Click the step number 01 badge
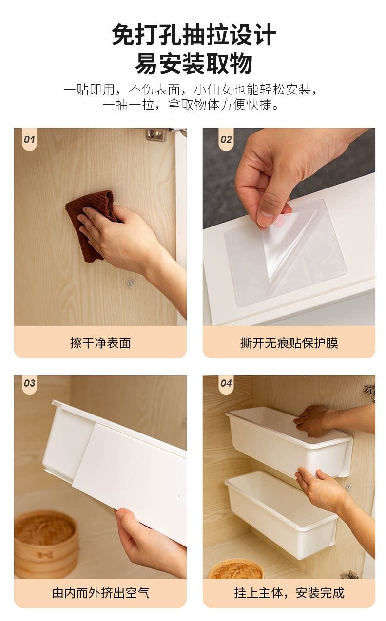pos(29,139)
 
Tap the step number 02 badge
pos(226,139)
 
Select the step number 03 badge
pos(29,383)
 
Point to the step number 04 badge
pos(226,383)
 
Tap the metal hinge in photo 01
pos(156,135)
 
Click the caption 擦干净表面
pos(100,343)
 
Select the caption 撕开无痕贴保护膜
pos(289,343)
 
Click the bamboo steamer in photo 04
pos(236,569)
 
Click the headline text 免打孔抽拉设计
pos(194,35)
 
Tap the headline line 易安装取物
pos(193,63)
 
